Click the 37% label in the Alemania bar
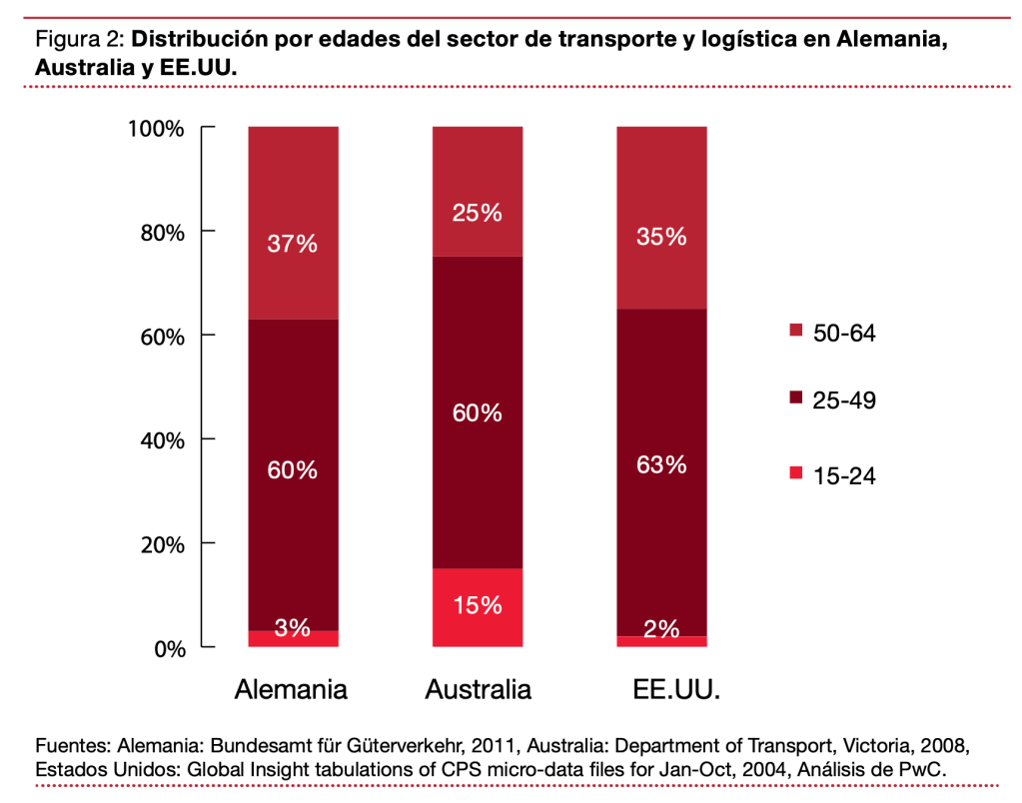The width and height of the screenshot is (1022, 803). (293, 244)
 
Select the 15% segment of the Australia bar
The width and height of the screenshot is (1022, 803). (477, 607)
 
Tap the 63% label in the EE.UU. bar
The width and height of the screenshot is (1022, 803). (661, 464)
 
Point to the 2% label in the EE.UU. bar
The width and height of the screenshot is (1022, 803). (661, 628)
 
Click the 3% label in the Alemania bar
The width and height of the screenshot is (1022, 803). (293, 628)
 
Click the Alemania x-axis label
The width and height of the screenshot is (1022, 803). (291, 689)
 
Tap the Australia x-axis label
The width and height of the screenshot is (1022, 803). (478, 689)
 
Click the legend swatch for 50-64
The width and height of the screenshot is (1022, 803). (796, 331)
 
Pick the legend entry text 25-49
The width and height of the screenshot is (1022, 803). (845, 399)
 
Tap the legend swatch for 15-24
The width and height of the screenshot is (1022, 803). (796, 473)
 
